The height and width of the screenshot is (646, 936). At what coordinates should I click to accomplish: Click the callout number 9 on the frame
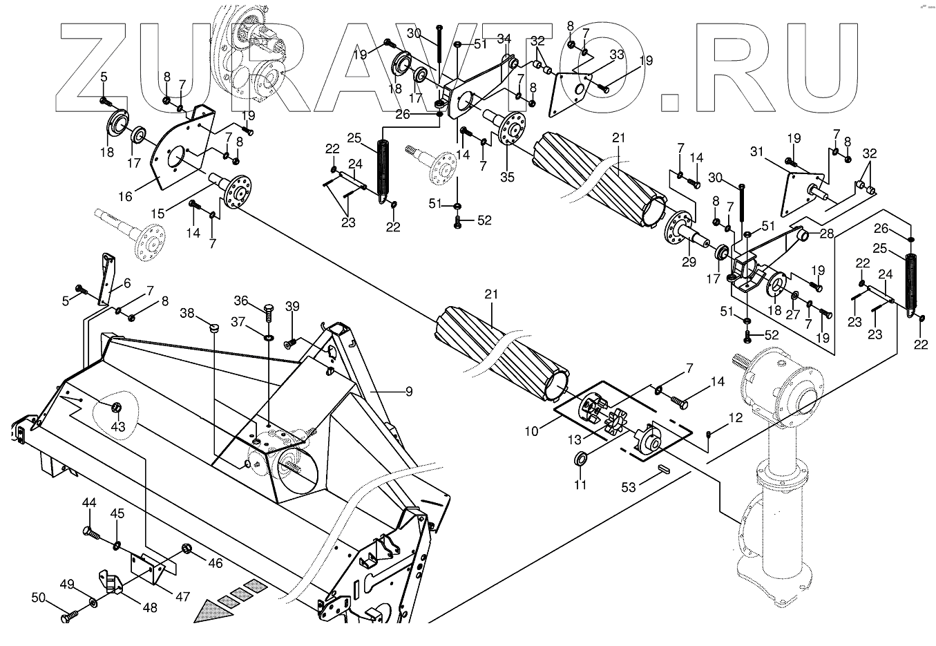[409, 391]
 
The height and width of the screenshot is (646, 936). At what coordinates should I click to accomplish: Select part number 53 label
[629, 488]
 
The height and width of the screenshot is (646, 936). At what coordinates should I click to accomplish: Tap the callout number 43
[119, 427]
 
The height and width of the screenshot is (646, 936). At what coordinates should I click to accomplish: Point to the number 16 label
[125, 197]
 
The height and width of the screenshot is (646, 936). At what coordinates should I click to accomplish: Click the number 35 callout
[508, 177]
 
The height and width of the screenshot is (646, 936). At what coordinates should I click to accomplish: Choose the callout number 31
[756, 152]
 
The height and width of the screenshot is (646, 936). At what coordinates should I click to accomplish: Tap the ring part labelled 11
[582, 457]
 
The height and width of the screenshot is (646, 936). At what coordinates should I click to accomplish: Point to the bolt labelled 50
[68, 616]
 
